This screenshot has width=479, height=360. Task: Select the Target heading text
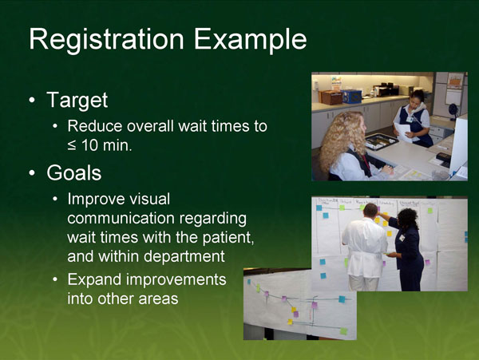[x=77, y=101]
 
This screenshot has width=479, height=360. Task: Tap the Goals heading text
[x=74, y=172]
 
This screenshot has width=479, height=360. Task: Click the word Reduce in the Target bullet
[x=94, y=126]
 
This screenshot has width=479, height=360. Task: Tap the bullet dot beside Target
[x=30, y=102]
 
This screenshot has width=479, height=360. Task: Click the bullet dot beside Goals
[x=30, y=173]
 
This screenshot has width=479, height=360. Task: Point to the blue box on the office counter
[x=351, y=96]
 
